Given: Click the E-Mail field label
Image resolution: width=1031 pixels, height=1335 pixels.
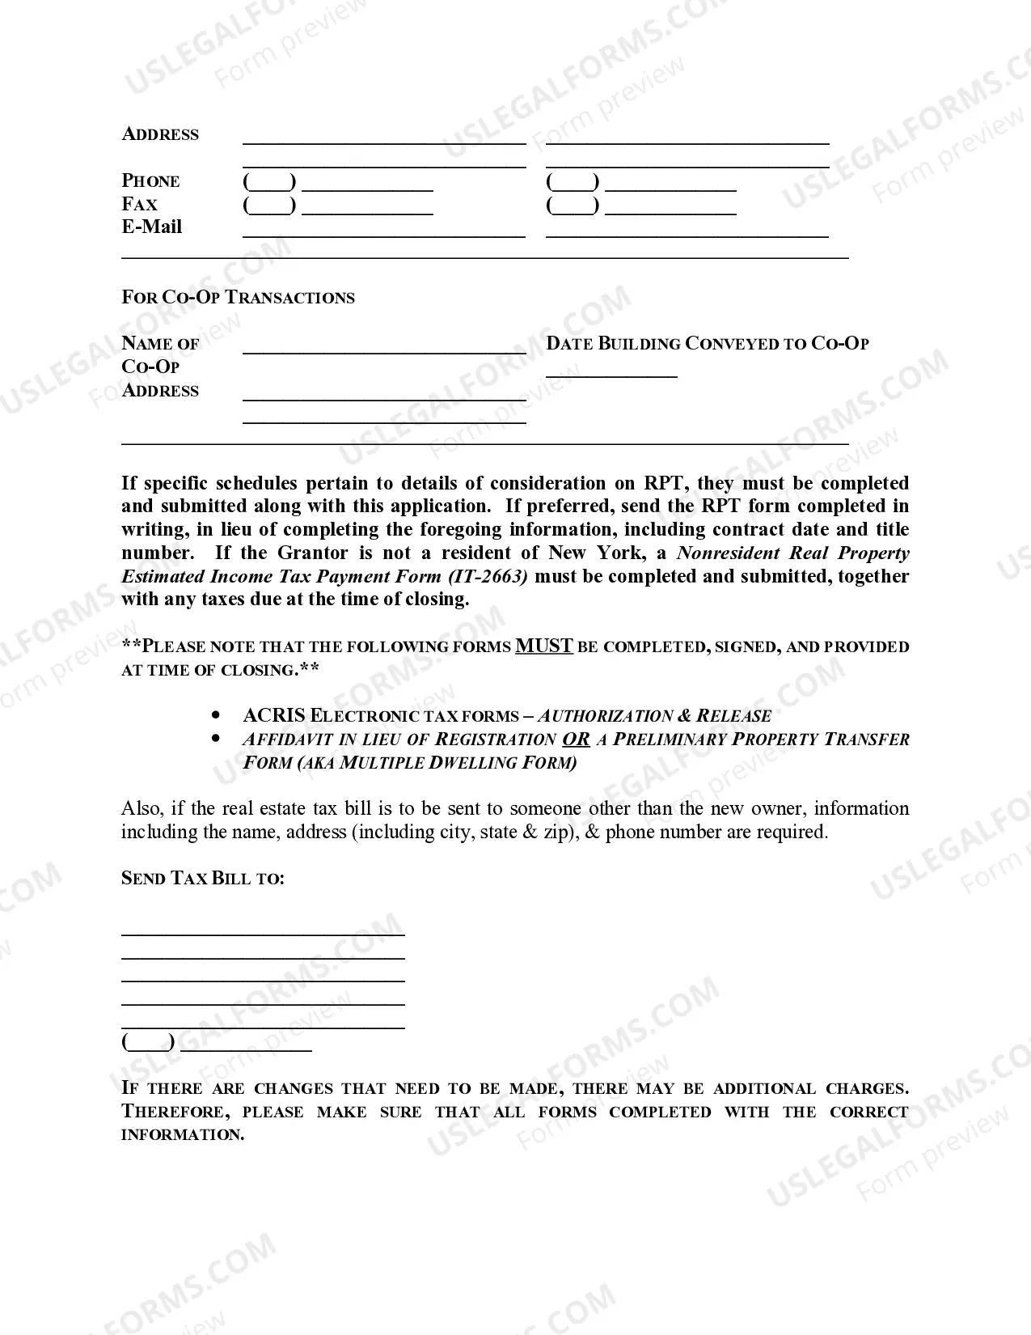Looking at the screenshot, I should (x=152, y=227).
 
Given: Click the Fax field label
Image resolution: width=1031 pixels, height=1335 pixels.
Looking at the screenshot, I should (x=140, y=204).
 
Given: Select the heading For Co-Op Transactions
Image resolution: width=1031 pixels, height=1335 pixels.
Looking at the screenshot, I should (x=238, y=297).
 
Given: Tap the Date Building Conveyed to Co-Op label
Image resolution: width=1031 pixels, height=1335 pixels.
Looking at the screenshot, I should (x=708, y=343).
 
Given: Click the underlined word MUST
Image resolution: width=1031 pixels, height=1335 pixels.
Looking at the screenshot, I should (x=544, y=646).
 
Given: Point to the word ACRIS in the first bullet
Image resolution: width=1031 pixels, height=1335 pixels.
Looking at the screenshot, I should (x=274, y=715).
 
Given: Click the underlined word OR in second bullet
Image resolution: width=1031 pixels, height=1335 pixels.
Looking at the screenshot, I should (x=576, y=739).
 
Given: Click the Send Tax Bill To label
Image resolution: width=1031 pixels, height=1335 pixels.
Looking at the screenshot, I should (x=203, y=878).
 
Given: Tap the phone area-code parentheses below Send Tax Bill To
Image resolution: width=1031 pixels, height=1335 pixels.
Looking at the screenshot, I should (x=148, y=1042).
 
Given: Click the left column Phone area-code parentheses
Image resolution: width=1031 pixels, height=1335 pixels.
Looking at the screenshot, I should (x=269, y=182).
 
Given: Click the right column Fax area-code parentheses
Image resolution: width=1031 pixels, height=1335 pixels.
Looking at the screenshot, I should (x=573, y=206).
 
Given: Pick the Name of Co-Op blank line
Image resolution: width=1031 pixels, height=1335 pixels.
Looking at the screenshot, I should (x=384, y=349).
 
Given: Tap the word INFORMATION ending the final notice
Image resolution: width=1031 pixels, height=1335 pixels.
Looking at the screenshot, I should (x=182, y=1134).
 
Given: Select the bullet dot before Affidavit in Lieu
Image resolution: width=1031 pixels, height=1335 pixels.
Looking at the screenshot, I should (x=215, y=739).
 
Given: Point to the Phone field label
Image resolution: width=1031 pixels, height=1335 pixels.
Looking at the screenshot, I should (x=151, y=181).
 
